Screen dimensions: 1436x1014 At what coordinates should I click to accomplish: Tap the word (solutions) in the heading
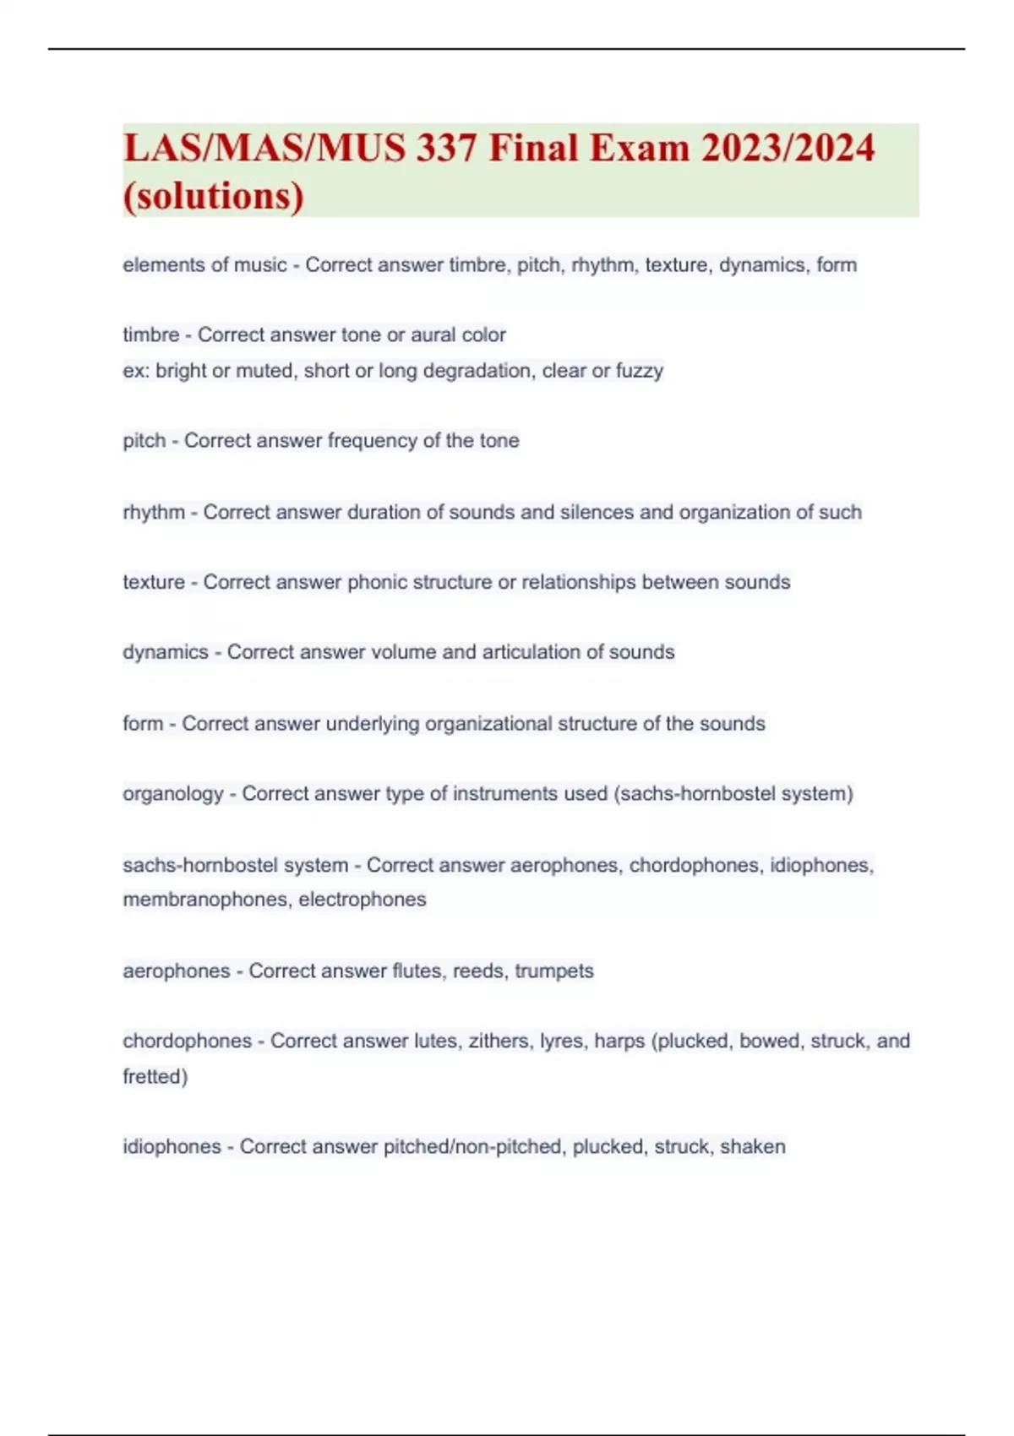tap(214, 196)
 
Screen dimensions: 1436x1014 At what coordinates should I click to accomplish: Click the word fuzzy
tap(640, 371)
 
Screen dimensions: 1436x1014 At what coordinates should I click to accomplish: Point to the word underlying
tap(372, 724)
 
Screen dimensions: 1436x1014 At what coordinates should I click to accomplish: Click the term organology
tap(173, 794)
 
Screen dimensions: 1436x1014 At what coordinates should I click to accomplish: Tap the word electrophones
tap(363, 900)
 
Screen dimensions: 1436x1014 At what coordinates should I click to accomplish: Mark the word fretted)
tap(155, 1077)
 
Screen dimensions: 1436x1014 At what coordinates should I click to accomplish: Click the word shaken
tap(752, 1147)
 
